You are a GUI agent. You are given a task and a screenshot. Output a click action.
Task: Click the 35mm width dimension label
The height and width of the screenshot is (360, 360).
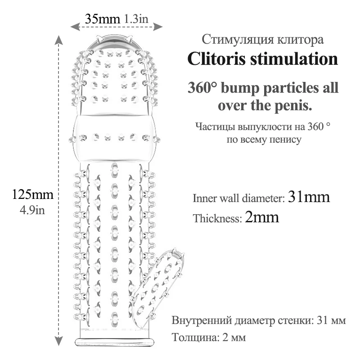[102, 19]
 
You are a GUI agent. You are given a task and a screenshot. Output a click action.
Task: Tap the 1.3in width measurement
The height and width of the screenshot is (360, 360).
[136, 19]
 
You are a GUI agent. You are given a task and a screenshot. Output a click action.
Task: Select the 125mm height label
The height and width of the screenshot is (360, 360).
[32, 195]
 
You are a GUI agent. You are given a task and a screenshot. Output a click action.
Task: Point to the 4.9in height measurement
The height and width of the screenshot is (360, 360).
[32, 209]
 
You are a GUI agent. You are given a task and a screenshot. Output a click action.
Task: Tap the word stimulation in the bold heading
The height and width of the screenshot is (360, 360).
[297, 59]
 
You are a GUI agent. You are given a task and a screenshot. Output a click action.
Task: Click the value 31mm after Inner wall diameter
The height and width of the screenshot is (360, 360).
[309, 198]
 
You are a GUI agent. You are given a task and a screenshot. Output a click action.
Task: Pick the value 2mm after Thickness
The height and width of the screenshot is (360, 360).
[262, 218]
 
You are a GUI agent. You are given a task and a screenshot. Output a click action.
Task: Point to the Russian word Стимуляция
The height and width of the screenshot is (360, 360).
[231, 40]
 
